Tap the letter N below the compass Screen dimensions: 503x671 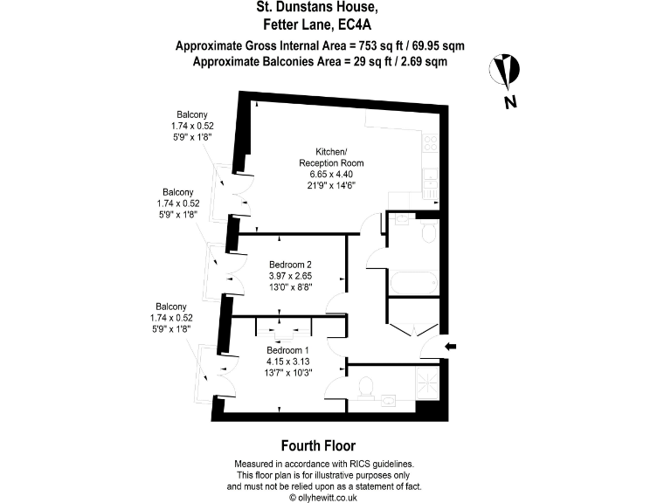(508, 103)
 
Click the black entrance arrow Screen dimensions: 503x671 (450, 347)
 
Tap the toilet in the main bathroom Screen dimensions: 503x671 (427, 229)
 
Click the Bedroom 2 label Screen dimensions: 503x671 (290, 265)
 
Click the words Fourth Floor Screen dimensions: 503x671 (317, 444)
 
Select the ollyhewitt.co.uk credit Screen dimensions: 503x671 (323, 497)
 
